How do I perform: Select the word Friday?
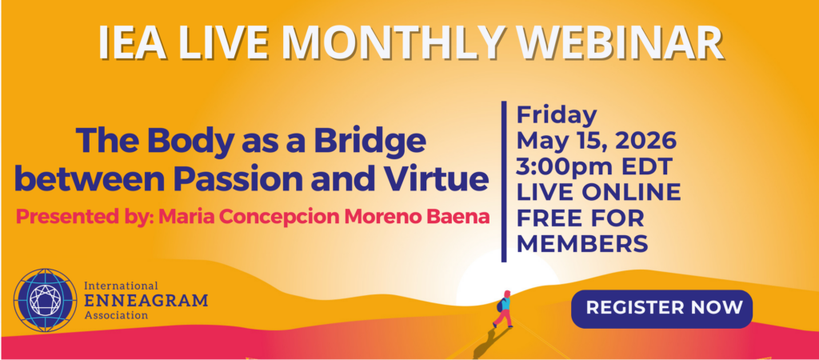(556, 116)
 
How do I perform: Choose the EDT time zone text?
(650, 166)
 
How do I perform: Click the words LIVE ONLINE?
(598, 192)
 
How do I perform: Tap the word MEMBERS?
(582, 243)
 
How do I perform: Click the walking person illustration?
(504, 310)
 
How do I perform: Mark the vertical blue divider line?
(504, 182)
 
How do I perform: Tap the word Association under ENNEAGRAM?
(116, 315)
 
